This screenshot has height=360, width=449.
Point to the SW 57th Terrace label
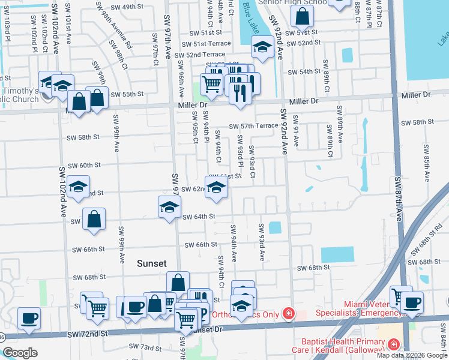(254, 126)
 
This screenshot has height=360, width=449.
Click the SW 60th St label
(83, 165)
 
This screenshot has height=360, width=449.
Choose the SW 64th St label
(199, 217)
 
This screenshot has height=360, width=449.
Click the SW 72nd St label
(87, 333)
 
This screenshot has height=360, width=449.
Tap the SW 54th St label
(304, 71)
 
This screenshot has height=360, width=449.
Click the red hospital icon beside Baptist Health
(393, 344)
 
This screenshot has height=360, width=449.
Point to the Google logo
(20, 353)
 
